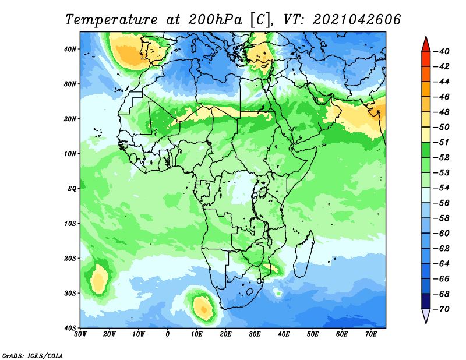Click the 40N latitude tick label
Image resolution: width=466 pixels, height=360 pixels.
70,49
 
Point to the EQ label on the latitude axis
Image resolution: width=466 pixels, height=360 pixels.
72,189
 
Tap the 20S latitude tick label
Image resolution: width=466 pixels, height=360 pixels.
70,258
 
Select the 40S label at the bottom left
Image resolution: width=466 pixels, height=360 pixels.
70,328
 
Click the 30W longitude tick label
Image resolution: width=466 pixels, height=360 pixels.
80,334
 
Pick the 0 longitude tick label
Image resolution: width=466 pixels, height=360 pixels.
168,334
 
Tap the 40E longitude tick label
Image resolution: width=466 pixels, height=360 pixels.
284,334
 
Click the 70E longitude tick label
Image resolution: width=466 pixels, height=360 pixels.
371,334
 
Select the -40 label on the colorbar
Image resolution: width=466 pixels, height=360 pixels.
442,51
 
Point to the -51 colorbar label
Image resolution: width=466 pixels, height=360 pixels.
442,142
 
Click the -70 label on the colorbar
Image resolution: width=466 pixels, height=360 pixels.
442,309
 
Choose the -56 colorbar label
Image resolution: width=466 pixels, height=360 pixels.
442,203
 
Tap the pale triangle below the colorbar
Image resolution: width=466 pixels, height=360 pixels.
426,315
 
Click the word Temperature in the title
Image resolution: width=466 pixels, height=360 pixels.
111,20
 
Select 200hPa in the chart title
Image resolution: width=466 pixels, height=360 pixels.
215,20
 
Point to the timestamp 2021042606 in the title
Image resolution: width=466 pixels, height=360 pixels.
357,20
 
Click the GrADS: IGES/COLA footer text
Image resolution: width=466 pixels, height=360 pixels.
33,356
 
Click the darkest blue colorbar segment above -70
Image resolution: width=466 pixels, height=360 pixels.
426,301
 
